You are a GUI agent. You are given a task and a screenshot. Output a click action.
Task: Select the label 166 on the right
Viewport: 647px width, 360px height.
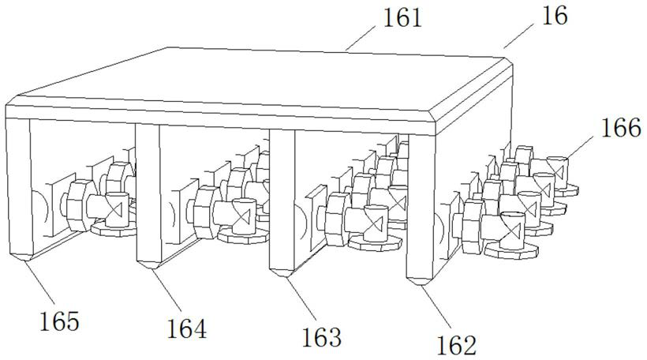click(620, 129)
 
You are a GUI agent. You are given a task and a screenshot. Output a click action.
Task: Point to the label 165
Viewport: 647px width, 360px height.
click(60, 321)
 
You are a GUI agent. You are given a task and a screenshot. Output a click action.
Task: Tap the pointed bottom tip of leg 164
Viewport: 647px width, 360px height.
click(148, 267)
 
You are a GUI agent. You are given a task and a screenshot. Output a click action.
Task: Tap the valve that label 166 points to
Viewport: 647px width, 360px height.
click(559, 169)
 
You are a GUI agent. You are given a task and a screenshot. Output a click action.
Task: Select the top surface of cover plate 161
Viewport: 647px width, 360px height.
click(260, 79)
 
